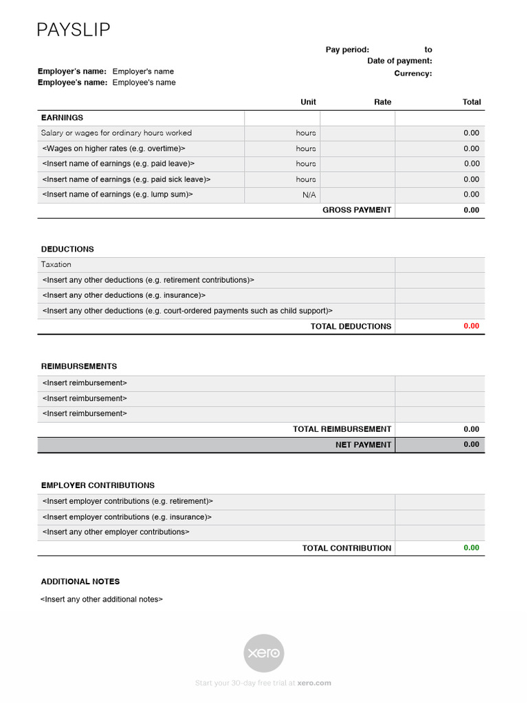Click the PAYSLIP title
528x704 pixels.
[x=74, y=30]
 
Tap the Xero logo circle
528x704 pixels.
[x=264, y=653]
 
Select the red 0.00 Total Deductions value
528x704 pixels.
[x=471, y=326]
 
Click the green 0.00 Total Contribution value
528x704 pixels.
[x=471, y=548]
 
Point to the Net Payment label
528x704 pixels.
[x=363, y=445]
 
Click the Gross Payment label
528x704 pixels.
[x=357, y=210]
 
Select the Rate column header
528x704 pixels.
[x=382, y=102]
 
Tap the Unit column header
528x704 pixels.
[x=308, y=102]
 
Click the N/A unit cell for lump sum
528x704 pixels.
[x=309, y=195]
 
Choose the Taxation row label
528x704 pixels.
[x=56, y=264]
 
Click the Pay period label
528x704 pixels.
[x=347, y=49]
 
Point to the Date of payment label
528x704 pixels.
[x=399, y=61]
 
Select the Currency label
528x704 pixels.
[x=412, y=74]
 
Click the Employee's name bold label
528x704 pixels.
[x=72, y=82]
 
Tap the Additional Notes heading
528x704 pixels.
[x=80, y=582]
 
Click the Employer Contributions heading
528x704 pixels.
[x=98, y=485]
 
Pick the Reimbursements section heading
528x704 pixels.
[x=79, y=366]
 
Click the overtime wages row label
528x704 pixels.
[x=113, y=148]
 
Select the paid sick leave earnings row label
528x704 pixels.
[x=126, y=179]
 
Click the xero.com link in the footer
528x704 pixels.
[x=314, y=683]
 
